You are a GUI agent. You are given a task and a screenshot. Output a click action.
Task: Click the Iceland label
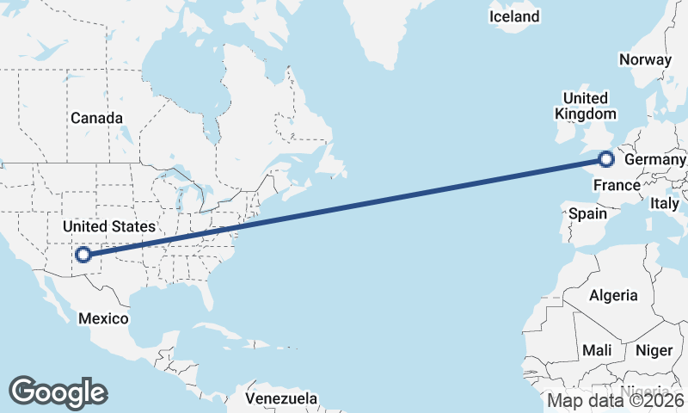click(x=514, y=16)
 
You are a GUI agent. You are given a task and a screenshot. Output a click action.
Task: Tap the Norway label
click(x=644, y=59)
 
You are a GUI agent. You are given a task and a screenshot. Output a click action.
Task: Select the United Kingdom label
click(x=585, y=106)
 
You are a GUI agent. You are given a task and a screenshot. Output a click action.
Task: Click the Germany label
click(x=655, y=160)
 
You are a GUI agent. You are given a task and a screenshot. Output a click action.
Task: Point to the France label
click(x=617, y=185)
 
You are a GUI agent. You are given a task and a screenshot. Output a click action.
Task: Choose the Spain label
click(x=588, y=213)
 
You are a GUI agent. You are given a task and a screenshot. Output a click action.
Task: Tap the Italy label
click(x=664, y=204)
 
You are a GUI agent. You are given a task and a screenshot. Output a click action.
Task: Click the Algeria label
click(x=613, y=295)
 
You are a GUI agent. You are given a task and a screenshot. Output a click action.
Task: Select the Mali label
click(x=596, y=350)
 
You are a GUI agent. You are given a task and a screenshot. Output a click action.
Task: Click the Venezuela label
click(x=280, y=399)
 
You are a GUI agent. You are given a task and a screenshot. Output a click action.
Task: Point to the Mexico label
click(x=103, y=318)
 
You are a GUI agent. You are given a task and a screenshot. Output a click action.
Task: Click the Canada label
click(x=96, y=118)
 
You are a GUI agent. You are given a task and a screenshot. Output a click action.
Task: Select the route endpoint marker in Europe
click(x=606, y=158)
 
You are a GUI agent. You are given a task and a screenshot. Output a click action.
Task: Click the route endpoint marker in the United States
click(x=83, y=254)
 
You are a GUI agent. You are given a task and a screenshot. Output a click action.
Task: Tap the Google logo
click(x=58, y=391)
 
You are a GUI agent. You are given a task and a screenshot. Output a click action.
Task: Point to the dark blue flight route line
click(x=344, y=206)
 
